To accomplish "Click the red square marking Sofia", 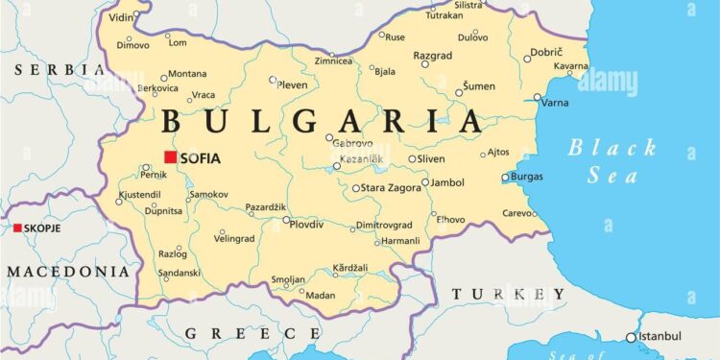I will (170, 157).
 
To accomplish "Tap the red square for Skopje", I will (17, 228).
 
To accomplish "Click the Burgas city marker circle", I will (506, 177).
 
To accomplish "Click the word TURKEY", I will (508, 293).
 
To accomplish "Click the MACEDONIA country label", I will (67, 272).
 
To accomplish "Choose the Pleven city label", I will (292, 84).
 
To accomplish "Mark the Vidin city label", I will (121, 17).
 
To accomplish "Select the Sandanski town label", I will (180, 273).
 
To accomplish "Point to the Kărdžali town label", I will (349, 266).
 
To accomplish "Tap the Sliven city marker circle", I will (413, 159).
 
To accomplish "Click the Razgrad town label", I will (432, 56).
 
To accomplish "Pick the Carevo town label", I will (517, 213).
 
